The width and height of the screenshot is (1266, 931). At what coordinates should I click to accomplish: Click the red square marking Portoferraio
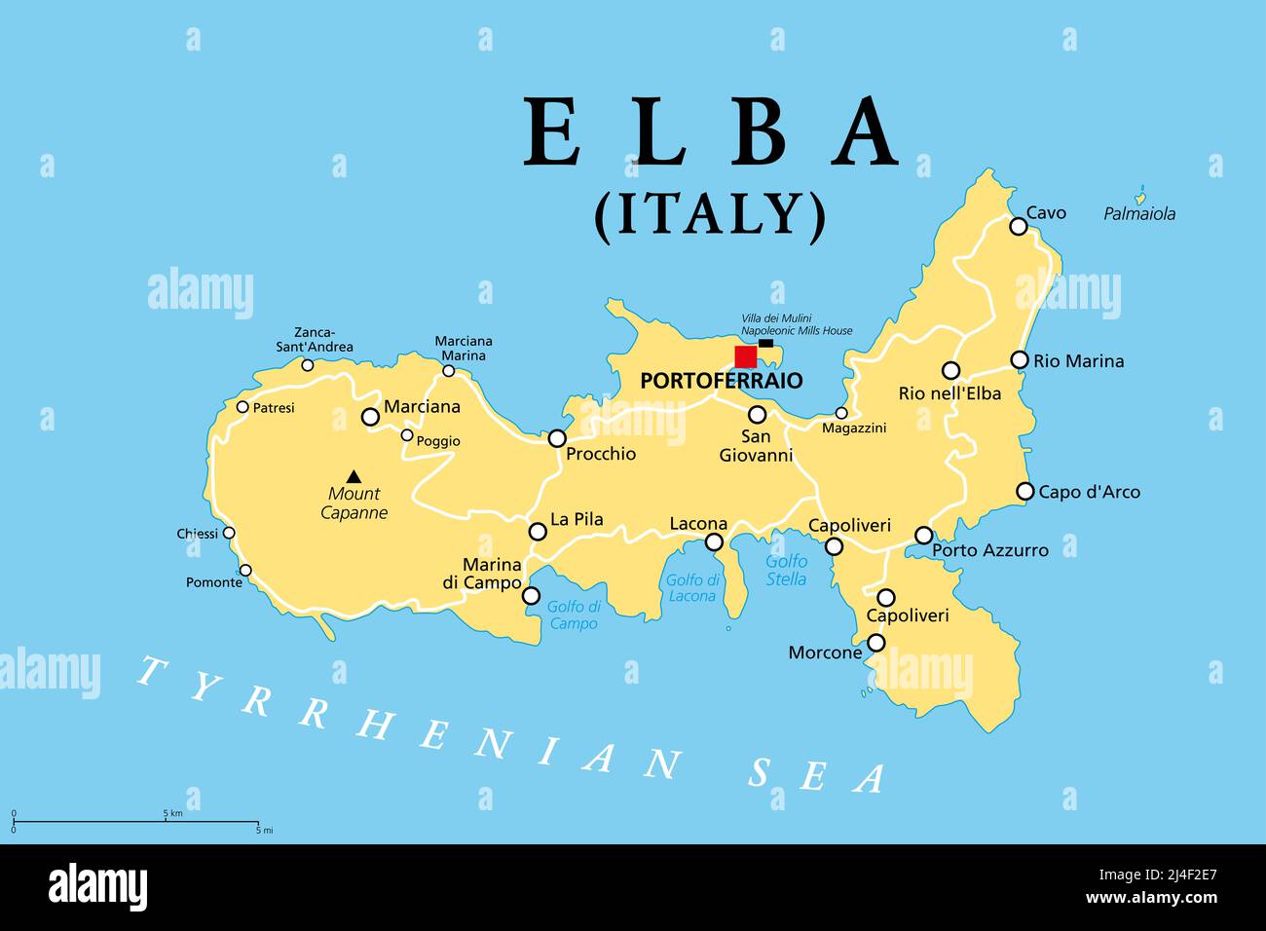point(745,356)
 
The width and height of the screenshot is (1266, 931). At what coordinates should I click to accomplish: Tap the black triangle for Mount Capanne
point(354,476)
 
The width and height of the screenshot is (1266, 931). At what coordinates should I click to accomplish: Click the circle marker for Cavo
point(1018,226)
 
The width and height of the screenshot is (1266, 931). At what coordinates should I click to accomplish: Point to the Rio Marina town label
point(1078,361)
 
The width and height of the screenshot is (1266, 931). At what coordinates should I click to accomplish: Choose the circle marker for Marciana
point(370,417)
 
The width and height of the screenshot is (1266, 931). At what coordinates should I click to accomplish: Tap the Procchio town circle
point(557,438)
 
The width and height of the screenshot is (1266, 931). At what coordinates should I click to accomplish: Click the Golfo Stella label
point(786,570)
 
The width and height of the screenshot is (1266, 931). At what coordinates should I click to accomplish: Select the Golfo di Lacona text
point(691,588)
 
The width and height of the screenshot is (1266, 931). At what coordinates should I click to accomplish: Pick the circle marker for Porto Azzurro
point(923,535)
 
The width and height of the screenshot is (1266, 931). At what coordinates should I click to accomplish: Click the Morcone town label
point(825,652)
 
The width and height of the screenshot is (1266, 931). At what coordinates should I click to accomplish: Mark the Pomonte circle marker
point(245,571)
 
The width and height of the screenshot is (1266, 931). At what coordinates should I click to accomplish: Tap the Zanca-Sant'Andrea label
point(315,340)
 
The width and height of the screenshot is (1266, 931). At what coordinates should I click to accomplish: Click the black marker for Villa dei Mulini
point(765,343)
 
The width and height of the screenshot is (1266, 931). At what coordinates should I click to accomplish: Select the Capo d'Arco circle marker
point(1024,491)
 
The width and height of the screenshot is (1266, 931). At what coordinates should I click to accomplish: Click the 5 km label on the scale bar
point(172,812)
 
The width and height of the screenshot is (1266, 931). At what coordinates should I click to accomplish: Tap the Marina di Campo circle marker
point(531,595)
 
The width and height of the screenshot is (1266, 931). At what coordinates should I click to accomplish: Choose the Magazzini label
point(854,428)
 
